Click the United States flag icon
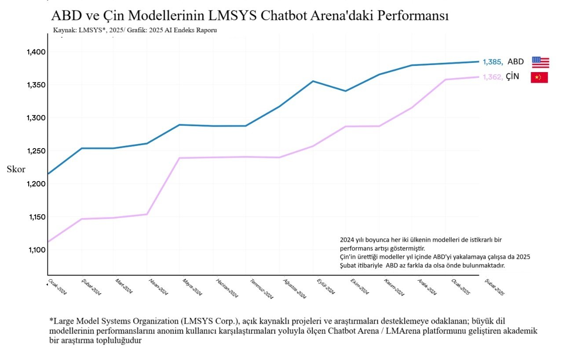pyautogui.click(x=540, y=62)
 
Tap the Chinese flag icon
pyautogui.click(x=539, y=77)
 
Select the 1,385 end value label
pyautogui.click(x=493, y=62)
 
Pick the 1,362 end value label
pyautogui.click(x=493, y=77)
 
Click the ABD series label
pyautogui.click(x=515, y=62)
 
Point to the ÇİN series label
pyautogui.click(x=512, y=76)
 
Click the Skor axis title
pyautogui.click(x=16, y=170)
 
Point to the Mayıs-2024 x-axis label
pyautogui.click(x=192, y=287)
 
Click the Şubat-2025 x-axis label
pyautogui.click(x=494, y=287)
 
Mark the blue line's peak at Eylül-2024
pyautogui.click(x=313, y=81)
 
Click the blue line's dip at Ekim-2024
pyautogui.click(x=346, y=91)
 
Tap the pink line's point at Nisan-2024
pyautogui.click(x=147, y=214)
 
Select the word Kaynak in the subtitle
pyautogui.click(x=64, y=30)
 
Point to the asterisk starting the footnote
pyautogui.click(x=51, y=319)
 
